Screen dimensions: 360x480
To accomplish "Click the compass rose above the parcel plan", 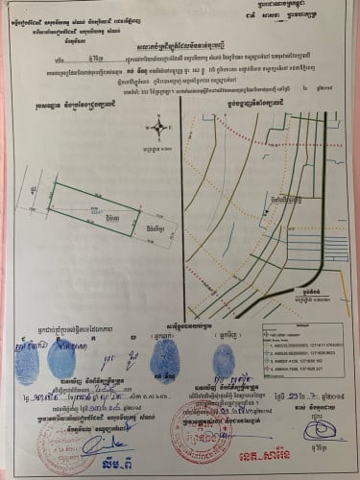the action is coord(157,126).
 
